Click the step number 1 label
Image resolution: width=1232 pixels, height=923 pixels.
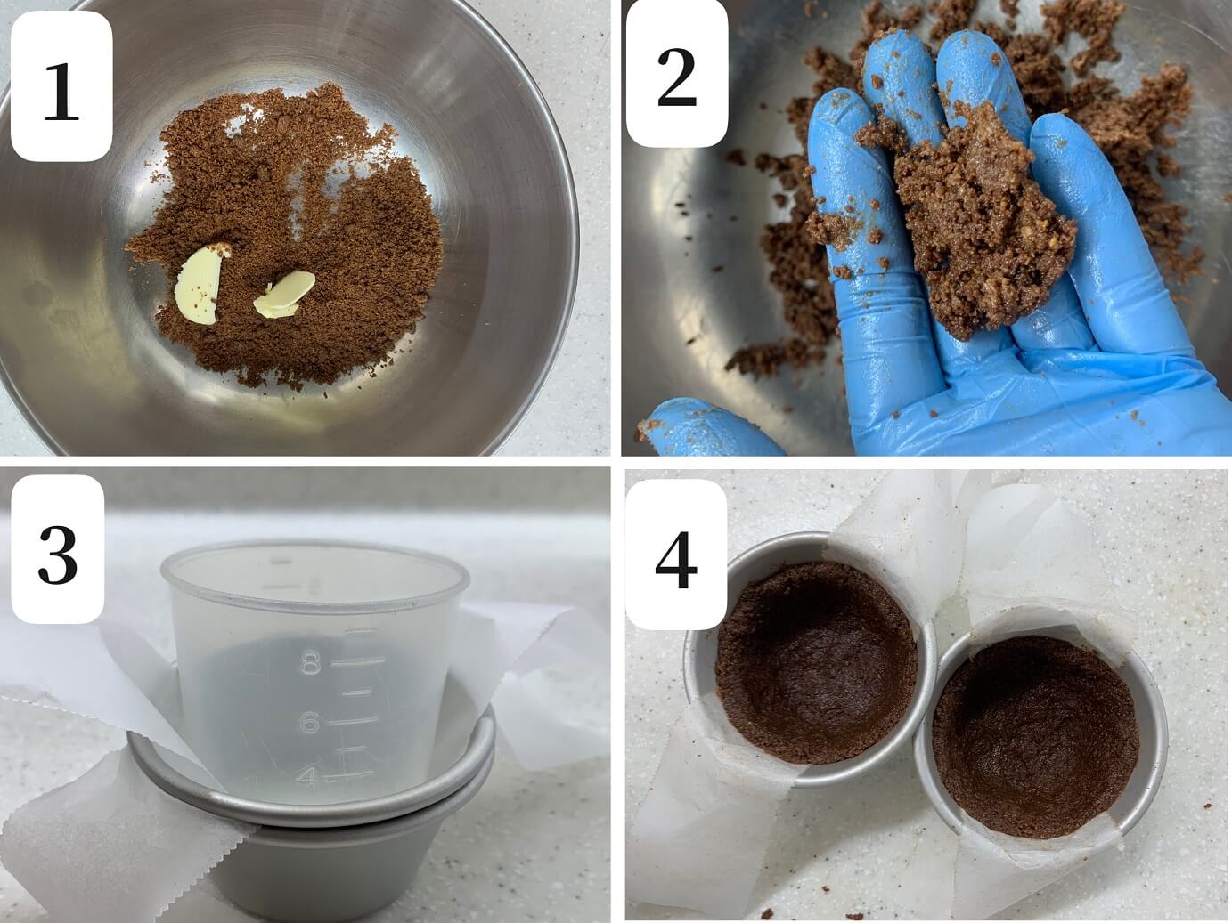pyautogui.click(x=61, y=87)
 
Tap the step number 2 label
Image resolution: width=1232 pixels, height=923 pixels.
pyautogui.click(x=677, y=73)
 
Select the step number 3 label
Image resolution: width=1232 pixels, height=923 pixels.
pyautogui.click(x=58, y=549)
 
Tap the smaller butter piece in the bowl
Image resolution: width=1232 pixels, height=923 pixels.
pyautogui.click(x=283, y=295)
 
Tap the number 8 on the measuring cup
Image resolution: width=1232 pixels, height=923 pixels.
pyautogui.click(x=310, y=665)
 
